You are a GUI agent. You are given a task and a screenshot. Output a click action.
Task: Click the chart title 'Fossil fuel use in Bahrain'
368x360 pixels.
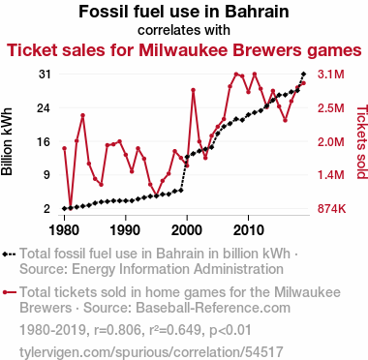pyautogui.click(x=184, y=12)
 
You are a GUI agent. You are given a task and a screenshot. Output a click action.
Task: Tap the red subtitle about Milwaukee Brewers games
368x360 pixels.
pyautogui.click(x=184, y=50)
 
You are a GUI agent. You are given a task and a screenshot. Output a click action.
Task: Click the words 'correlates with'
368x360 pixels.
pyautogui.click(x=184, y=30)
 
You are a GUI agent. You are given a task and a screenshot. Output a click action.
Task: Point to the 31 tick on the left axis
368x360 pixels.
pyautogui.click(x=45, y=75)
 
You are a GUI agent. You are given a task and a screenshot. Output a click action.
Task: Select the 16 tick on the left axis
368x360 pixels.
pyautogui.click(x=45, y=141)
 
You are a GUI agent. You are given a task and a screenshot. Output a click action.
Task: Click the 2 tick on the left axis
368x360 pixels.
pyautogui.click(x=47, y=209)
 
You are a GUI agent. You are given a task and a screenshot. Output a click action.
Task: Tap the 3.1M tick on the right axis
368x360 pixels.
pyautogui.click(x=331, y=75)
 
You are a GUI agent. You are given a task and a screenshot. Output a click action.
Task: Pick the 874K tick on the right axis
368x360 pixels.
pyautogui.click(x=331, y=209)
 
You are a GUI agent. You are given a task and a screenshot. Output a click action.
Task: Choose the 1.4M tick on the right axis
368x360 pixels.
pyautogui.click(x=331, y=175)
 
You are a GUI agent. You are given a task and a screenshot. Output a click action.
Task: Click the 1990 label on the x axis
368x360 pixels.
pyautogui.click(x=125, y=230)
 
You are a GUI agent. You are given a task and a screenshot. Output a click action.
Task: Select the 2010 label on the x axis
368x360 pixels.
pyautogui.click(x=248, y=230)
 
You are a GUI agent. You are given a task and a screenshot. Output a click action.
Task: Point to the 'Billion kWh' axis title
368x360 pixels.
pyautogui.click(x=7, y=141)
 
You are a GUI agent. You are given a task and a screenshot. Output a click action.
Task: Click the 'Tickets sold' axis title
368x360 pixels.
pyautogui.click(x=362, y=141)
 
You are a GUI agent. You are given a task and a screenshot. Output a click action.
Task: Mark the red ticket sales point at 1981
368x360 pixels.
pyautogui.click(x=71, y=208)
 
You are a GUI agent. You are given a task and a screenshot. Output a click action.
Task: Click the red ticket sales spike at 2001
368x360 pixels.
pyautogui.click(x=193, y=90)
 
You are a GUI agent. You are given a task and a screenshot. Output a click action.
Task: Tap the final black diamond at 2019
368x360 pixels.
pyautogui.click(x=303, y=75)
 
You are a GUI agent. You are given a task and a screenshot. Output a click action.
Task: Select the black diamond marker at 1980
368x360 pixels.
pyautogui.click(x=64, y=209)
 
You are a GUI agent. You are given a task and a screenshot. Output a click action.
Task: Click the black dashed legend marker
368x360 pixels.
pyautogui.click(x=9, y=254)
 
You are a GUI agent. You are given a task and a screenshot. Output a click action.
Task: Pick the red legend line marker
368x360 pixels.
pyautogui.click(x=9, y=292)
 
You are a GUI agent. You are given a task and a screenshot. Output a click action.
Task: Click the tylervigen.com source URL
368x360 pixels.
pyautogui.click(x=151, y=352)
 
